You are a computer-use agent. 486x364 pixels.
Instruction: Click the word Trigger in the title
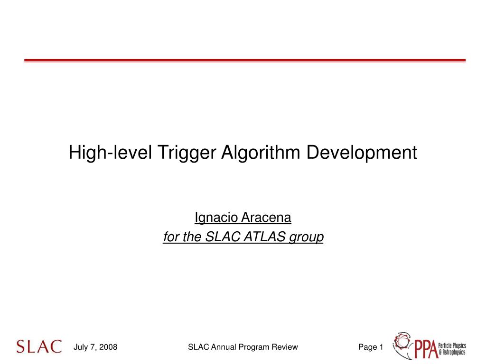185,153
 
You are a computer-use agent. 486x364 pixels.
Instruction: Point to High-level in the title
110,153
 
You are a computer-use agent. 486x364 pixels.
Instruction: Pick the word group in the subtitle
307,237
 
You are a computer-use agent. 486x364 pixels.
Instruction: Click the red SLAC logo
39,346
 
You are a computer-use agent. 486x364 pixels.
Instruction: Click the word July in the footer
81,347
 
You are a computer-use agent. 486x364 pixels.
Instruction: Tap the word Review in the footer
284,347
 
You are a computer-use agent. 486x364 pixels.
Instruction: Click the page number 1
381,347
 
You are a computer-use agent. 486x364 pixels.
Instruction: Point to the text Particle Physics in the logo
451,346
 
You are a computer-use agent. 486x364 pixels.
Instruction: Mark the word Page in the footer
367,347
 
